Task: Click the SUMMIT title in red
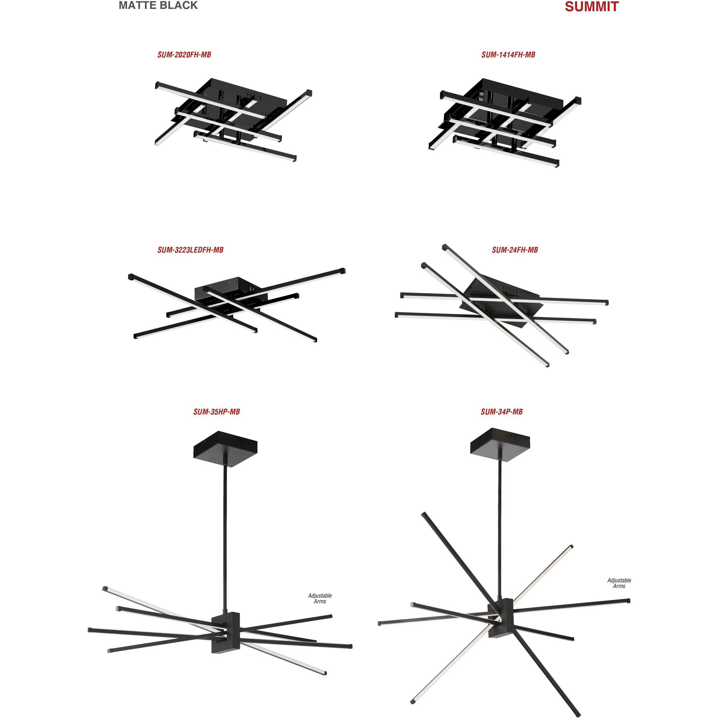591,7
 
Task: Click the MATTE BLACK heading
158,5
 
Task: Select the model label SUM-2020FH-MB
184,55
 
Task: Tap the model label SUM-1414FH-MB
508,55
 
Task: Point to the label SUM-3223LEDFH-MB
190,250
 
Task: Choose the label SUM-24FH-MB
515,250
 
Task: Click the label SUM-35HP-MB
216,412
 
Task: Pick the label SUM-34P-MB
501,412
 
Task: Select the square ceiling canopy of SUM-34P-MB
500,442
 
